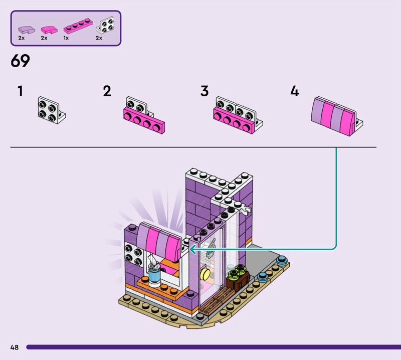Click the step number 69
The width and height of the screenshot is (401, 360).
20,61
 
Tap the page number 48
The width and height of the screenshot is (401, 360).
15,347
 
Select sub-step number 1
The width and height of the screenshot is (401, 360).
20,91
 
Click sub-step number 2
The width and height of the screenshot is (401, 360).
107,91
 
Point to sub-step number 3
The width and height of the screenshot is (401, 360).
205,91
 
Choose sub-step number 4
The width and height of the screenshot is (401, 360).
295,91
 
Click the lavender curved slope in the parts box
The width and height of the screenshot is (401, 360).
27,30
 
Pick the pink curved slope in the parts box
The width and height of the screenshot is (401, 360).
49,30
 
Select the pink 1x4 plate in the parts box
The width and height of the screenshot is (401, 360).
78,27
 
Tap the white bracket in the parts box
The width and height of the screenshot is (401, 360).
105,25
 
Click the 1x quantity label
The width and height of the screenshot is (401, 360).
66,38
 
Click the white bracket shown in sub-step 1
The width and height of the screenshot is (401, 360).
51,110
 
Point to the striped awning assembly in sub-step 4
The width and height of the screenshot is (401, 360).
336,116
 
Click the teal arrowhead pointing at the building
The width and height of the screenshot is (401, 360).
192,249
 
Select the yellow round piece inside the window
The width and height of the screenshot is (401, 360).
205,274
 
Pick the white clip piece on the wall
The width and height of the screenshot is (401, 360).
246,210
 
